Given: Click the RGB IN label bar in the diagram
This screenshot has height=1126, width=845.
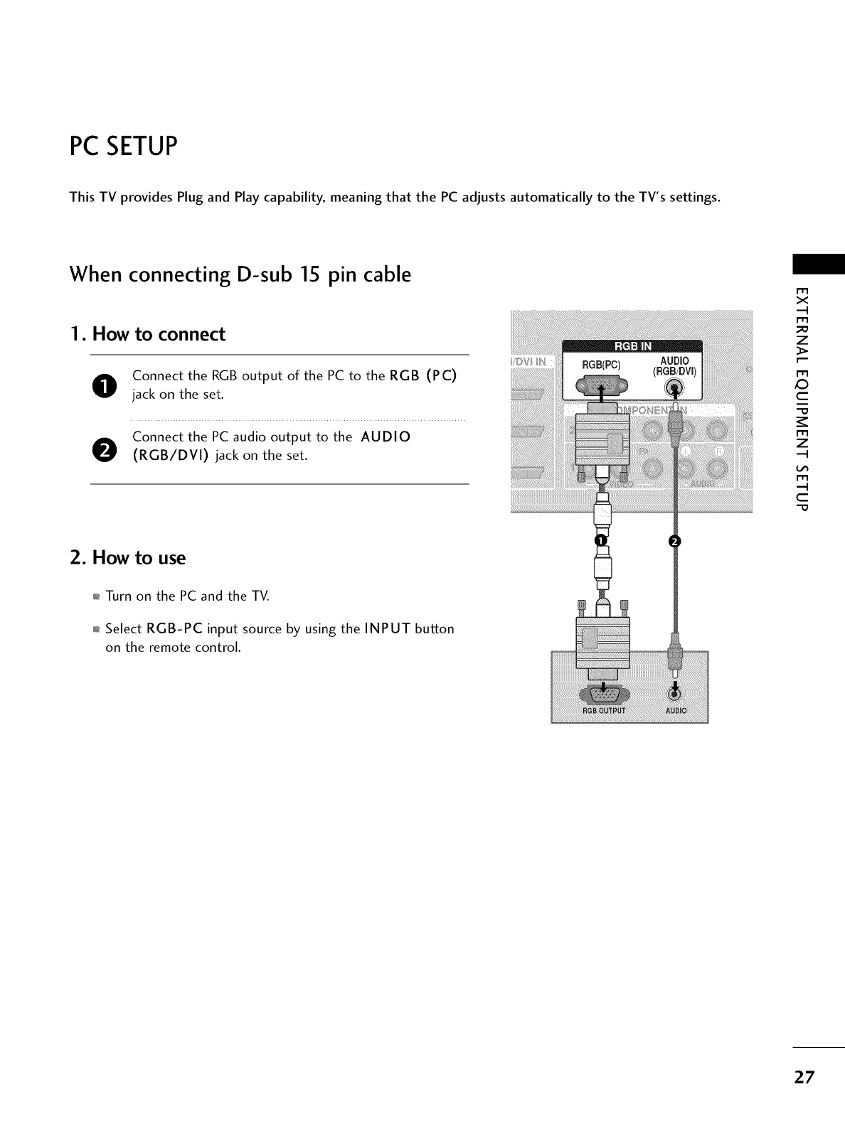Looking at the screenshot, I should tap(632, 347).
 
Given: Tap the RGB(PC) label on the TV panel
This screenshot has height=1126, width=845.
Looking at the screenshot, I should tap(602, 365).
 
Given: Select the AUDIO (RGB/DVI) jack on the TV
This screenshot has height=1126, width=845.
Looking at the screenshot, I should tap(674, 387).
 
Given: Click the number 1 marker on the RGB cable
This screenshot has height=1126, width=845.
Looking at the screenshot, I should tap(600, 542).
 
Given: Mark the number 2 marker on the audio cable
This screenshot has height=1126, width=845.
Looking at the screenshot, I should tap(674, 542).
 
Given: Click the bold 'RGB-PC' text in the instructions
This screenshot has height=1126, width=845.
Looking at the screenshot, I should tap(175, 629).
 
